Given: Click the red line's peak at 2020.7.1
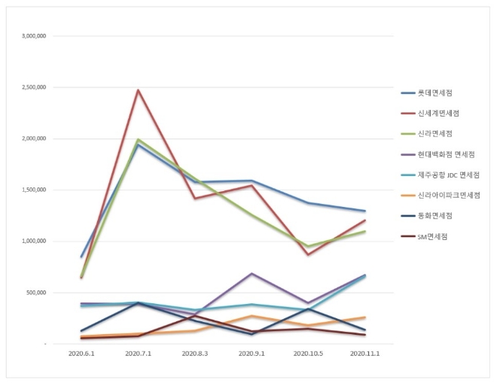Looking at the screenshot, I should tap(138, 90).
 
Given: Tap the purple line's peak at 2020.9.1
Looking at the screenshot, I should tap(251, 273).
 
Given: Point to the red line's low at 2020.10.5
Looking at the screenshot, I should tap(307, 254).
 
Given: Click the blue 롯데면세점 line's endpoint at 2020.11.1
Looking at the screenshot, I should tap(364, 211).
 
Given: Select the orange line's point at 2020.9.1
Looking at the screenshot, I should tap(251, 316).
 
